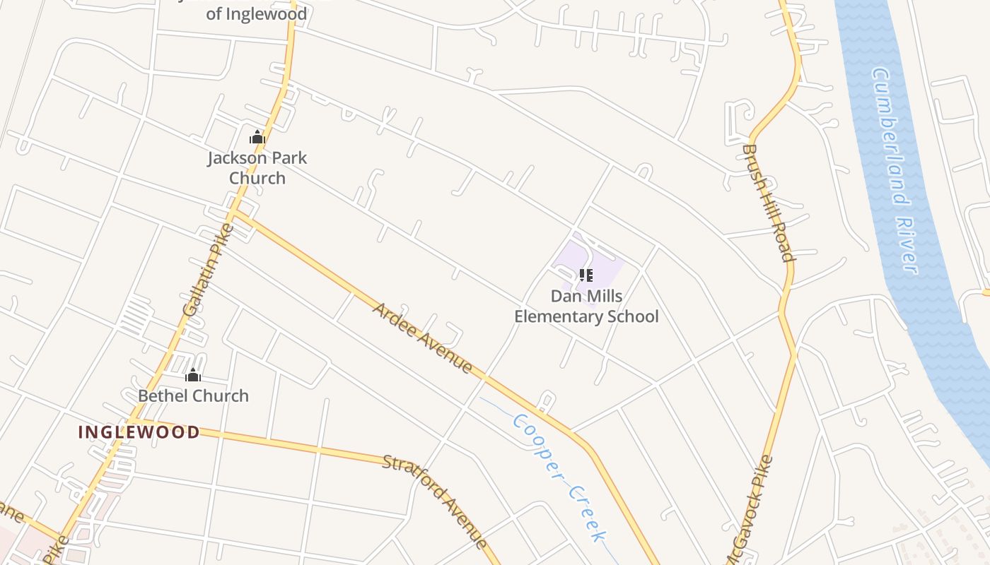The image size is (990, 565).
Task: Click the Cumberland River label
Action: (895, 169)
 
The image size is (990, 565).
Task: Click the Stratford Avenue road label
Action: (435, 501)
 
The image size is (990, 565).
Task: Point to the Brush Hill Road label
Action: (769, 203)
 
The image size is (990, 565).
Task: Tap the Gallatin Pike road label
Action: (207, 270)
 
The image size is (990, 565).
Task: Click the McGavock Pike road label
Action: (750, 512)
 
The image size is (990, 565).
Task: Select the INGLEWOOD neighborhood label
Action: (139, 432)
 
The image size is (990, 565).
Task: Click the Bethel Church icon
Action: (193, 375)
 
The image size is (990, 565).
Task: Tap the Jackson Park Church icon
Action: (257, 137)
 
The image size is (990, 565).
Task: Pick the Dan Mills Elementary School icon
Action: (586, 275)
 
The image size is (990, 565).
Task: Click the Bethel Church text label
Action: (193, 395)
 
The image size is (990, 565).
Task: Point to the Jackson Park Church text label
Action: (257, 167)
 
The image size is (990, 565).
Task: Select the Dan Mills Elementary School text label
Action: (586, 306)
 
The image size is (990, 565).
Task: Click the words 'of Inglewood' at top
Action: (256, 13)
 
